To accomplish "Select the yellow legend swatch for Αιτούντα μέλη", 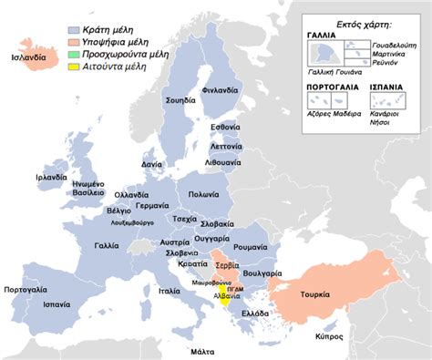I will click(75, 67).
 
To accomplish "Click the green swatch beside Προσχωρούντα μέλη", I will click(75, 50).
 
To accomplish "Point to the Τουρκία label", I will click(343, 294).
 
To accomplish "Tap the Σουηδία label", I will click(181, 99).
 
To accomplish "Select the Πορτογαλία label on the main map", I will click(26, 289).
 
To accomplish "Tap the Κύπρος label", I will click(330, 336).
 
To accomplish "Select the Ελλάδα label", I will click(254, 313).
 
